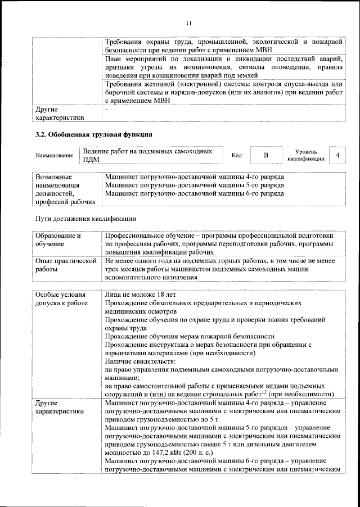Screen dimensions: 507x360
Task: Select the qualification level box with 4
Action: pos(337,155)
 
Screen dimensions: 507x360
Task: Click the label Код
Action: pos(237,155)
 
